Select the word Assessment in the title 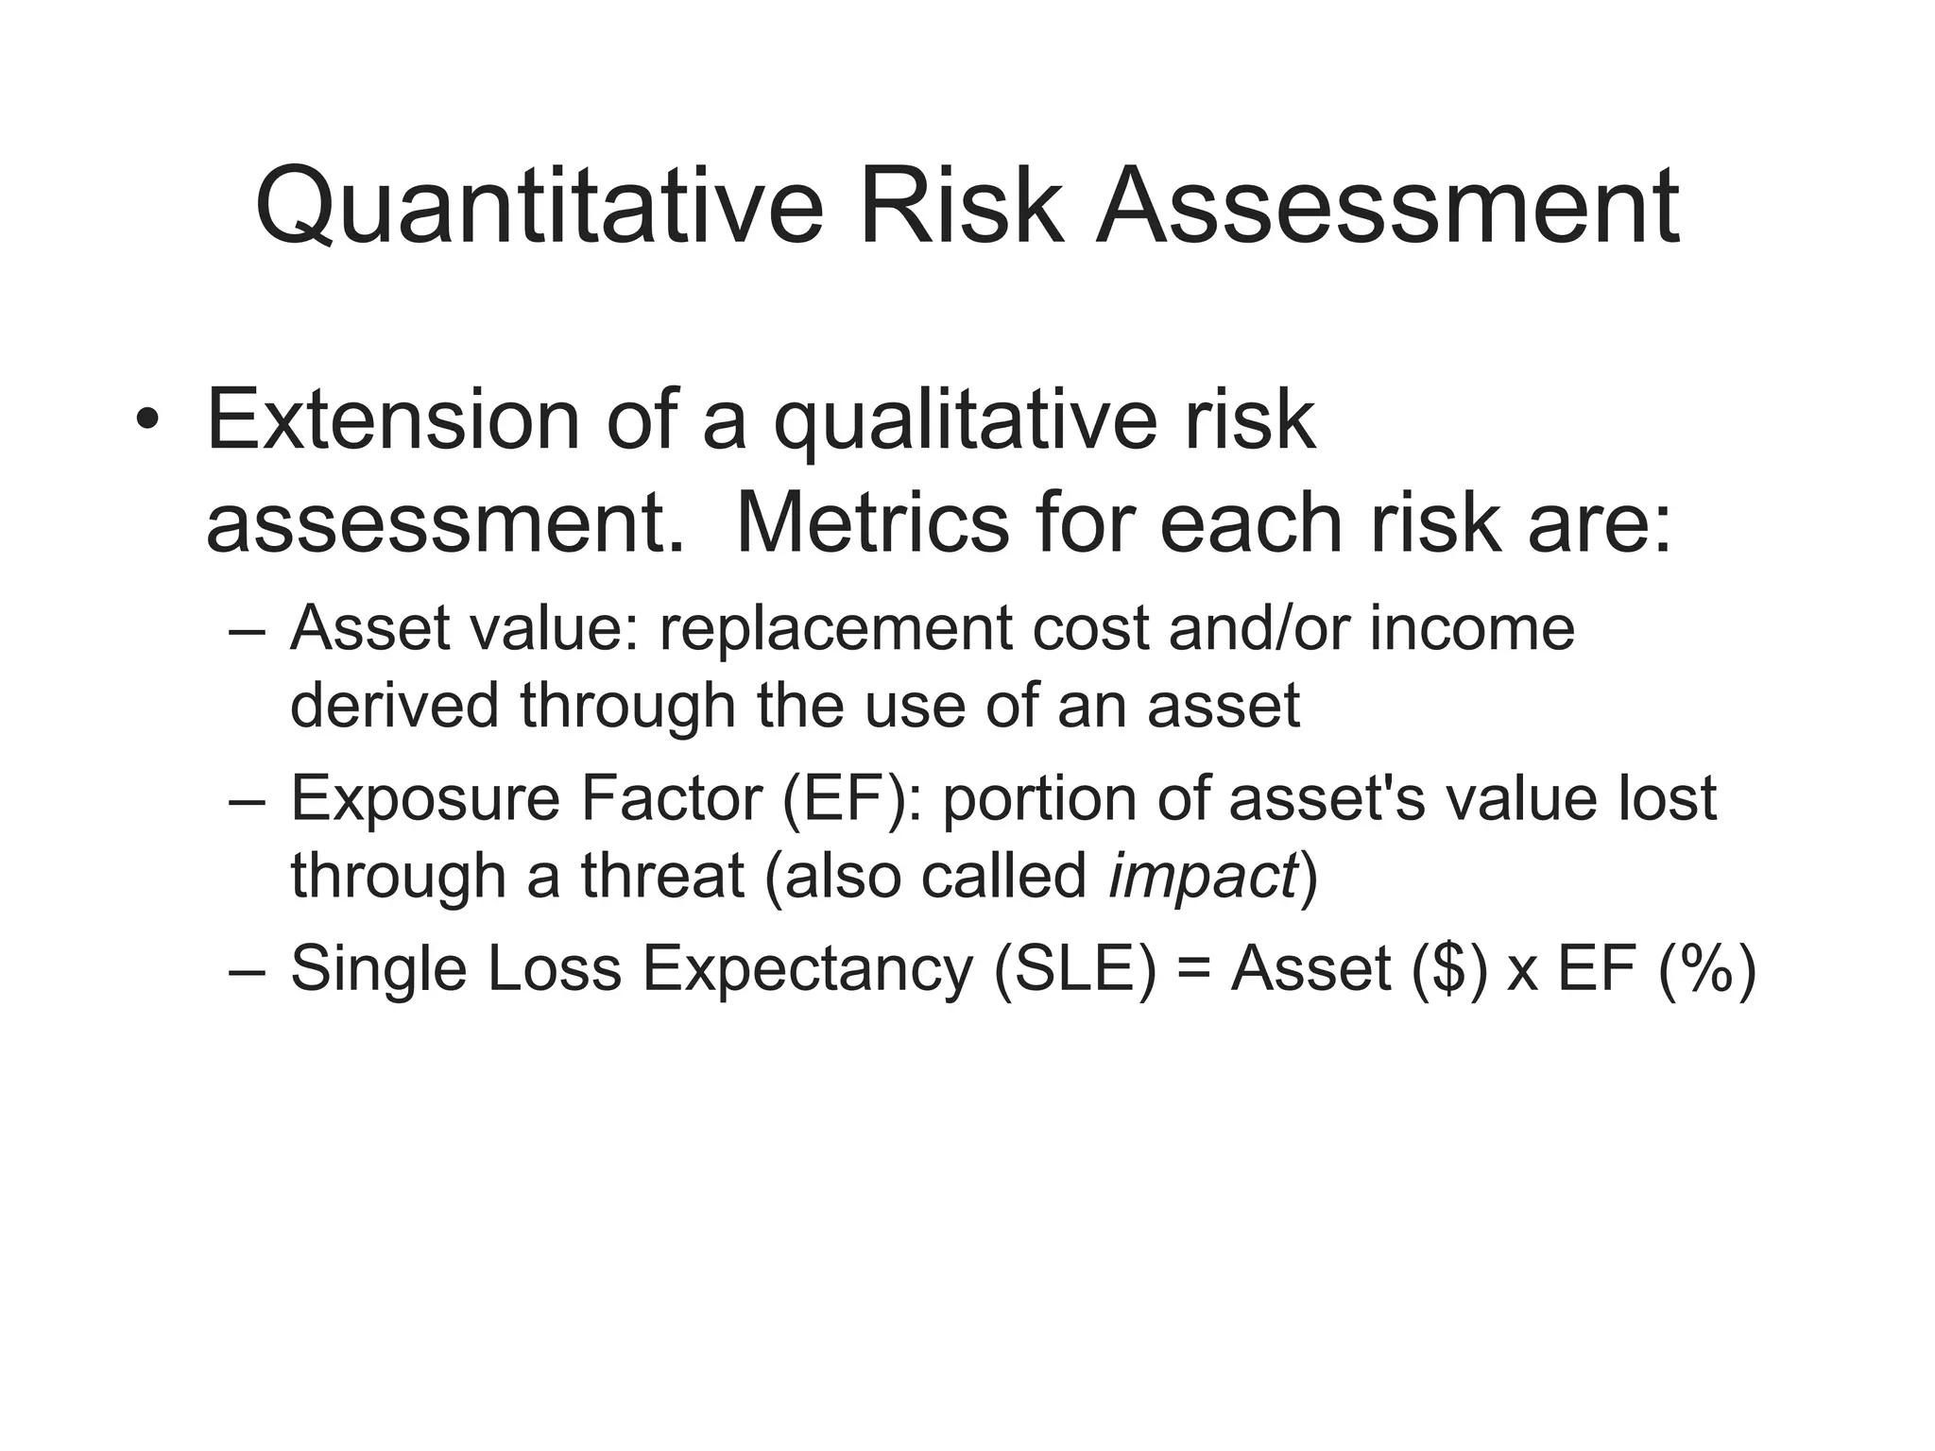point(1387,206)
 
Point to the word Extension point(392,419)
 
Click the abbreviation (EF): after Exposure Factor point(851,799)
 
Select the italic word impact point(1202,877)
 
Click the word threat point(662,875)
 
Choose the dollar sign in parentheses point(1449,969)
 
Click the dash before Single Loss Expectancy point(248,971)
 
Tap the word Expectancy point(808,971)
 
